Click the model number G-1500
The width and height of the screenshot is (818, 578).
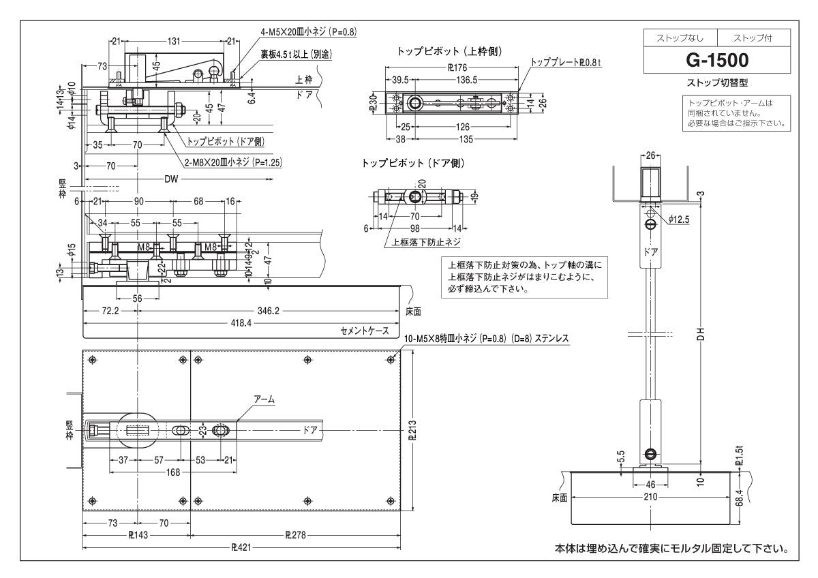(x=718, y=60)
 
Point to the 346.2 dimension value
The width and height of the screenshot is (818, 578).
(x=269, y=310)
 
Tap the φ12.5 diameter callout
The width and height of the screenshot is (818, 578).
(x=680, y=219)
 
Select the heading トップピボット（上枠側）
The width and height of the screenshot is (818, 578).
(x=450, y=50)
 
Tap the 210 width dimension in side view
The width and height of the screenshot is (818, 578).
(x=652, y=498)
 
